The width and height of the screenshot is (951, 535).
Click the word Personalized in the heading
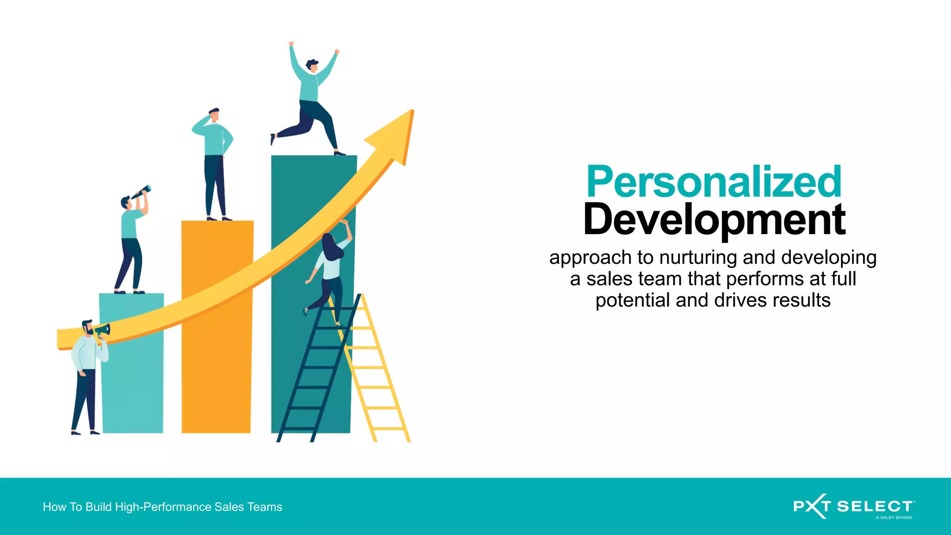pos(714,182)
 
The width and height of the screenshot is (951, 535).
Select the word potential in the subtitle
pos(633,300)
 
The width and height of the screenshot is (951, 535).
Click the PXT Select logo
pos(853,506)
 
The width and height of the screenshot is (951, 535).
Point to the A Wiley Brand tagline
pos(893,517)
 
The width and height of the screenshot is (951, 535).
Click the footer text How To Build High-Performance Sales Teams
pos(163,507)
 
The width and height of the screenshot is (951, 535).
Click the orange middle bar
pos(216,353)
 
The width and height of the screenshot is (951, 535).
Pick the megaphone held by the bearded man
pos(103,331)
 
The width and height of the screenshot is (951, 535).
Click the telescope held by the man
pos(141,191)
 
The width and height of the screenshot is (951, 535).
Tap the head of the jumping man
pos(313,65)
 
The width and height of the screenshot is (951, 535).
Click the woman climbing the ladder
pos(330,269)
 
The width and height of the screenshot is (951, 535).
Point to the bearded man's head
pos(87,327)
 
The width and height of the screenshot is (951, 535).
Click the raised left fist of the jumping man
pos(291,44)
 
